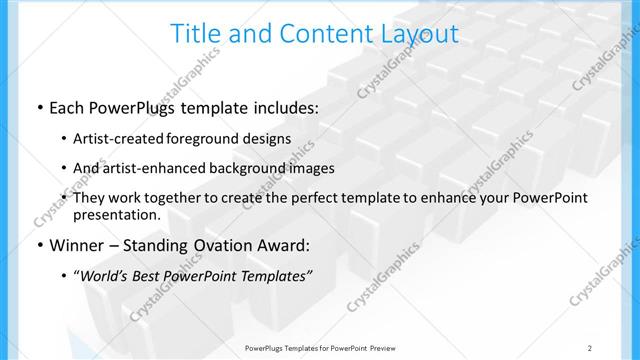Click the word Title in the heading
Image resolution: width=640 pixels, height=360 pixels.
(x=196, y=33)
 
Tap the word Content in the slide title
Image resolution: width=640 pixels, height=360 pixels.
(x=311, y=33)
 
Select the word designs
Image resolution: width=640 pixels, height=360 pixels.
(x=264, y=139)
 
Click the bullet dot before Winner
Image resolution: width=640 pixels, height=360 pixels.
(x=38, y=245)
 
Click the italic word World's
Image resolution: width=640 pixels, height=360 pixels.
(x=104, y=275)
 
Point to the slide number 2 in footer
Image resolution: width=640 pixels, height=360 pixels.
(x=590, y=348)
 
